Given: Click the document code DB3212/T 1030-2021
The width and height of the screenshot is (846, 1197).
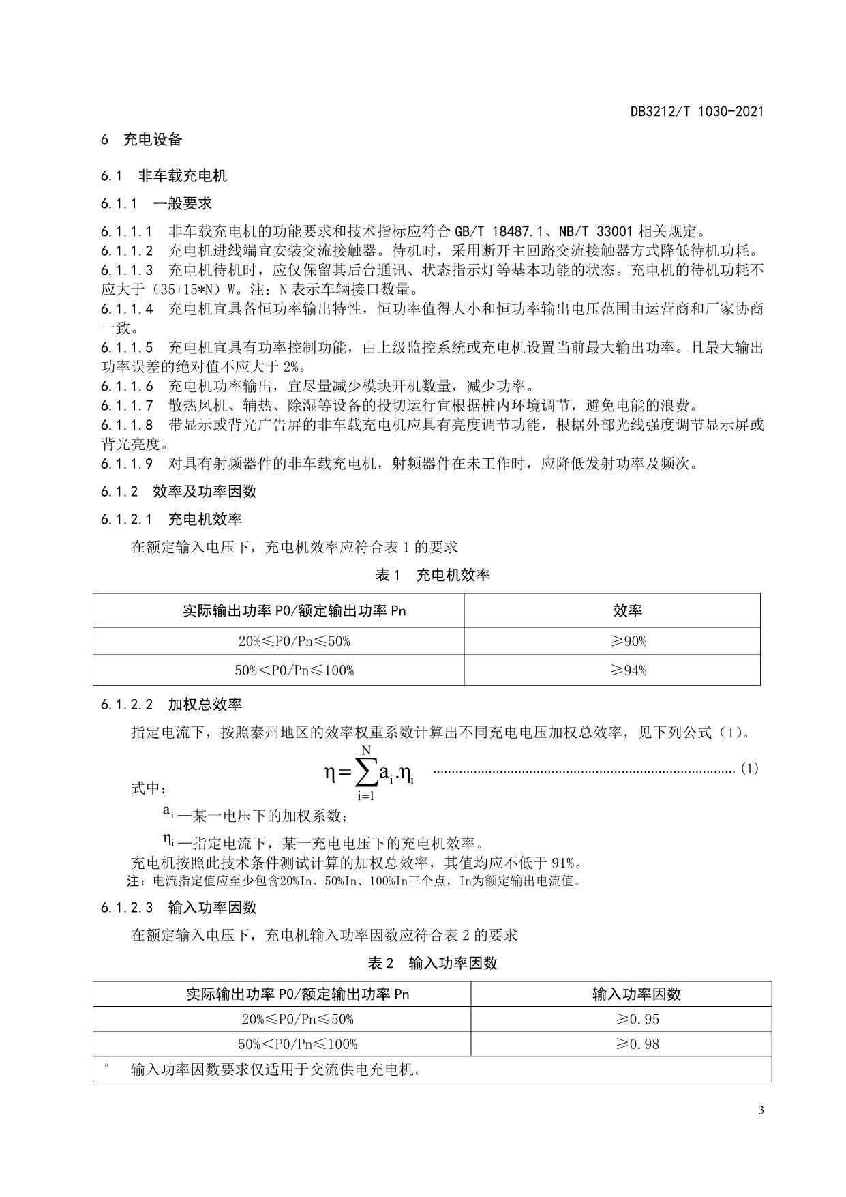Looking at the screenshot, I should (697, 111).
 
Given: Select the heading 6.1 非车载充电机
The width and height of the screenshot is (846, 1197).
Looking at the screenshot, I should (164, 176).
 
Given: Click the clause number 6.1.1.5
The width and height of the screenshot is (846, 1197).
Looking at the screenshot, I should (127, 347).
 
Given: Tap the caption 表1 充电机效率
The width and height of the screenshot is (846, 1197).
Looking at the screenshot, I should (432, 575).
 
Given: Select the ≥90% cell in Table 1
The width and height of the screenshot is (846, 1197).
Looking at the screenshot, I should (627, 641).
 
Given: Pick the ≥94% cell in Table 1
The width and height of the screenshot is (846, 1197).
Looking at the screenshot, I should (627, 670).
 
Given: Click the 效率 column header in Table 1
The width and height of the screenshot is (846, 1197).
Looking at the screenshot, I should (627, 610).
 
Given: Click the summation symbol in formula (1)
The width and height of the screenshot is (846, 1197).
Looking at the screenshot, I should (366, 773).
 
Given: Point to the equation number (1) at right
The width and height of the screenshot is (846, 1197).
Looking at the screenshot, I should (749, 769).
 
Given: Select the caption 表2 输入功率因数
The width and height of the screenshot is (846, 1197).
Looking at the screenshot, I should (432, 963).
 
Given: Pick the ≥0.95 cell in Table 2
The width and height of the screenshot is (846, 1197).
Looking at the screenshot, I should (637, 1019).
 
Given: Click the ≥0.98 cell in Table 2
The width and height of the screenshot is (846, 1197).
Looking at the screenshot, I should (637, 1044).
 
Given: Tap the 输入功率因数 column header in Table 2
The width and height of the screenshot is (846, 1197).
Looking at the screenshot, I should (637, 994).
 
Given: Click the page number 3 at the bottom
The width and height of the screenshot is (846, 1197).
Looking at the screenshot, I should (760, 1110).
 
